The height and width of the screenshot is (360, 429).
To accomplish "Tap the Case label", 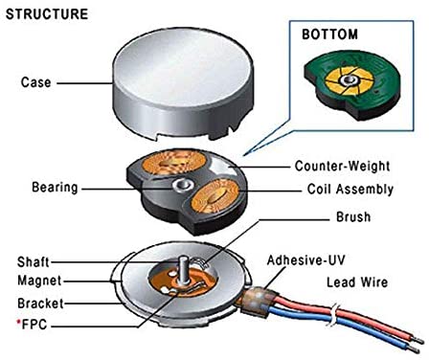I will point(35,82).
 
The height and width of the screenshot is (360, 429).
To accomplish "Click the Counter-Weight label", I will point(347,165).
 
